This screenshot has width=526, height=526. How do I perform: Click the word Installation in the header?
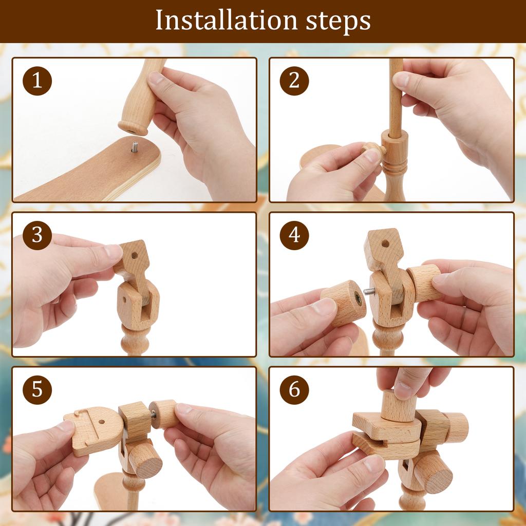227,21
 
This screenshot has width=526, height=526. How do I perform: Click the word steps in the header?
338,22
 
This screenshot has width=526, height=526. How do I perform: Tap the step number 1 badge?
37,81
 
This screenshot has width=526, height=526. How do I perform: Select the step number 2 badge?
294,81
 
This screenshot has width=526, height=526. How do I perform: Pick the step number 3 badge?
37,235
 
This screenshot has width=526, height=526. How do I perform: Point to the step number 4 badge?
294,235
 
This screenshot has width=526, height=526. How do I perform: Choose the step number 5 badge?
37,389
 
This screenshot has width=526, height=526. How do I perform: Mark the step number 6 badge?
294,389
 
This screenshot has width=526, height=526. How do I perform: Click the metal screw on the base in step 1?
135,147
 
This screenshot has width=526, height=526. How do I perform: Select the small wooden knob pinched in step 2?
373,148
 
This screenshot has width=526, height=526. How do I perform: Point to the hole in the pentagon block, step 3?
135,256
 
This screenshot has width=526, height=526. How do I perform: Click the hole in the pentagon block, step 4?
385,243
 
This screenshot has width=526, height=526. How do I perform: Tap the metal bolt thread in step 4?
370,291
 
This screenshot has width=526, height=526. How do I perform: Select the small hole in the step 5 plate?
101,422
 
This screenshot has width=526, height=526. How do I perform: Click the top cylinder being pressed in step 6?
399,406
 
